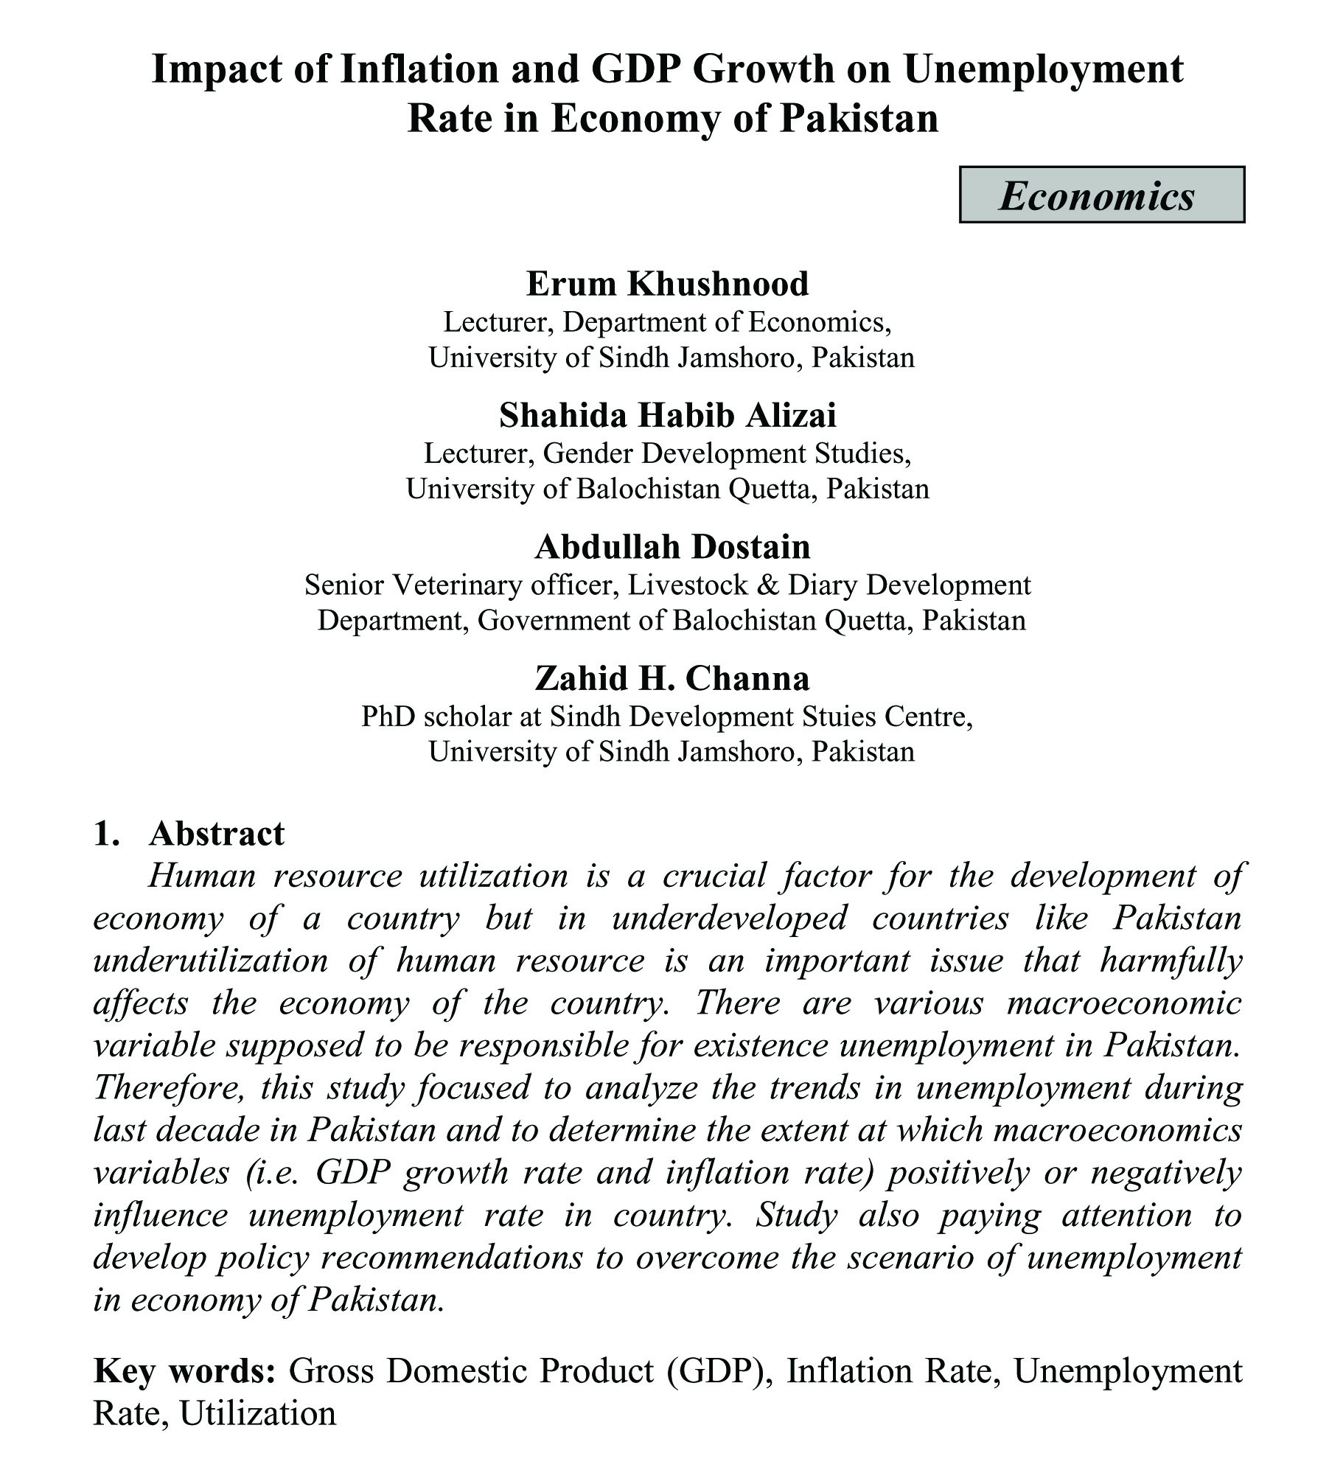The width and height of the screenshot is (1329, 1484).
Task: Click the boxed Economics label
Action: pos(1101,195)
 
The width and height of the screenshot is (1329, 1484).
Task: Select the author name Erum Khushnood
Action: pos(667,284)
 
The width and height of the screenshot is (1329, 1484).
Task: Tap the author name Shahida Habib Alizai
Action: pos(667,415)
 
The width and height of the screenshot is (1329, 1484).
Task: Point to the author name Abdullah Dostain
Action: pos(672,546)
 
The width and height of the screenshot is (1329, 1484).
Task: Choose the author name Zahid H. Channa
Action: pos(672,677)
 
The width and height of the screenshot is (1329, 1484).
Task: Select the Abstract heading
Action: pos(216,834)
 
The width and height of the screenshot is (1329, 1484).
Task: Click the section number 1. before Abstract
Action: pos(107,834)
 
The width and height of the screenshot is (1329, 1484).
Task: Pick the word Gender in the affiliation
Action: pos(587,453)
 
